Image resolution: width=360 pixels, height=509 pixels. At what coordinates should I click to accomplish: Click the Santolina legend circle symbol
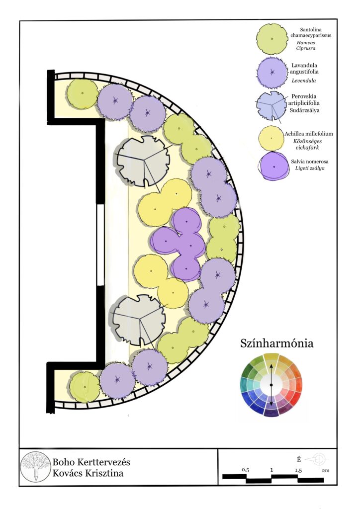[x=272, y=38]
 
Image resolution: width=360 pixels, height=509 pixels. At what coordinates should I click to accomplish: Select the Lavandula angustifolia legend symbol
[x=272, y=73]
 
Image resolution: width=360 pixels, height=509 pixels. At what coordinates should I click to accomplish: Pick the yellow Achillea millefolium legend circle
[x=271, y=138]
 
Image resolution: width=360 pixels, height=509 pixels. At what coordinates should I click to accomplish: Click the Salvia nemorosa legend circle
[x=273, y=166]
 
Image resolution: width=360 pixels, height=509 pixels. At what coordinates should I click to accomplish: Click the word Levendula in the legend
[x=303, y=81]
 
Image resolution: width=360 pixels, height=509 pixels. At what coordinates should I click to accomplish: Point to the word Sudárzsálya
[x=305, y=110]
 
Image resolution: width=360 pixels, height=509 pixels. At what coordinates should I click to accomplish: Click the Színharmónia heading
[x=277, y=343]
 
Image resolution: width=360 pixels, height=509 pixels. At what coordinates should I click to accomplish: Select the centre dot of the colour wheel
[x=271, y=385]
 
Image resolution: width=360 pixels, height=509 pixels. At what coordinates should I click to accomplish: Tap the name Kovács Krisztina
[x=88, y=473]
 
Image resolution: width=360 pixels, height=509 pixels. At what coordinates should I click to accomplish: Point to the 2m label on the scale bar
[x=326, y=470]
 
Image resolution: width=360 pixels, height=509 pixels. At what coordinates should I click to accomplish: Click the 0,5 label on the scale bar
[x=246, y=470]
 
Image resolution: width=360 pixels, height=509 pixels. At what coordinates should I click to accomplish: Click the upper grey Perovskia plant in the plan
[x=143, y=161]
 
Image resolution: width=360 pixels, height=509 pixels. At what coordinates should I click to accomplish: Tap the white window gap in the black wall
[x=100, y=245]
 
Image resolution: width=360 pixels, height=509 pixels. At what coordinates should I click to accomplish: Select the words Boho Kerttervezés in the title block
[x=91, y=462]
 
